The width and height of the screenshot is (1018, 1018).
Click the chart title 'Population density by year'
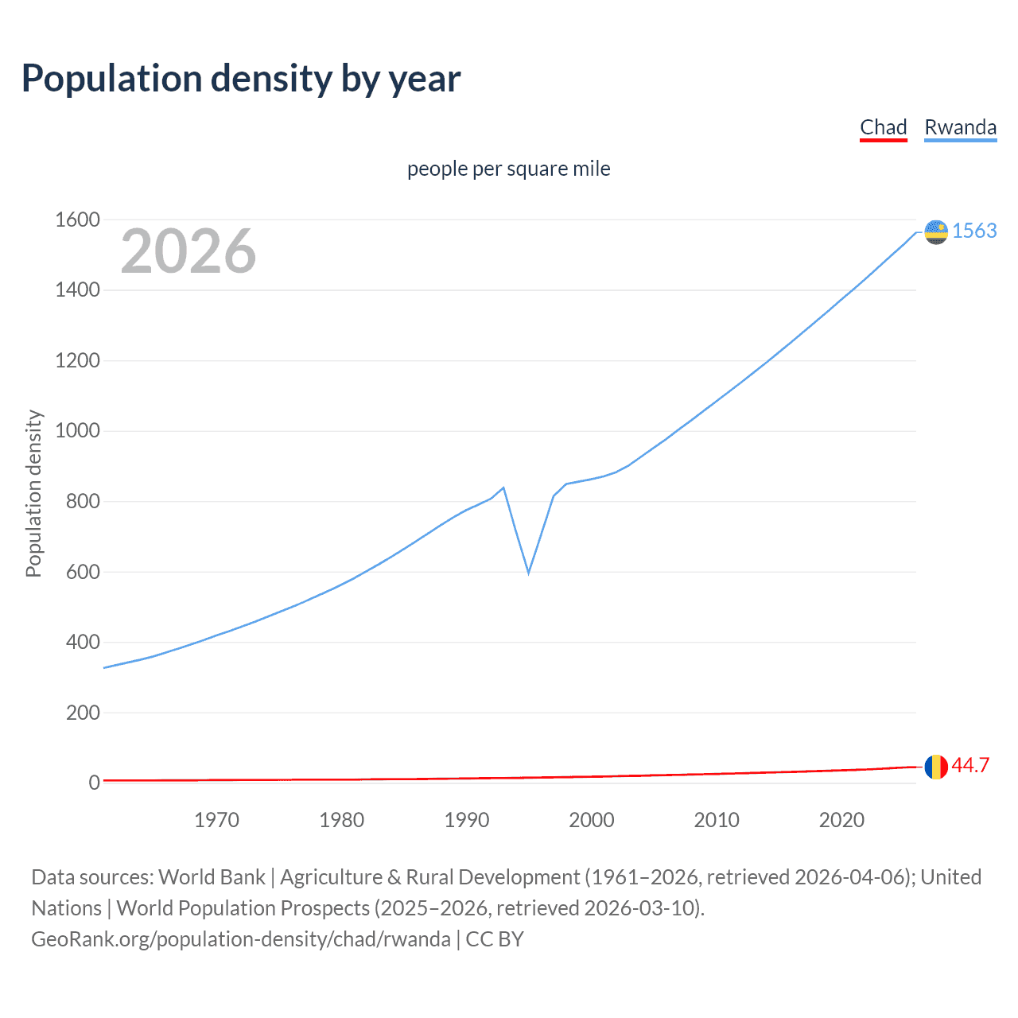point(241,79)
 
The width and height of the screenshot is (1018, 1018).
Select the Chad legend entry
point(883,127)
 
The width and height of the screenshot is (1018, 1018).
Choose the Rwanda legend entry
point(960,127)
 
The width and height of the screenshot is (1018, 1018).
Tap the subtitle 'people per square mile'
point(508,169)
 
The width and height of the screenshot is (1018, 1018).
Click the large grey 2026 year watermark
point(188,251)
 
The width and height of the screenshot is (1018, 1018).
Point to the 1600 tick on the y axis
point(77,220)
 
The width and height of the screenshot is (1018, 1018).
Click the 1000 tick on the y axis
point(77,430)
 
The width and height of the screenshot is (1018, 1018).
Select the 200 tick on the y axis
point(83,712)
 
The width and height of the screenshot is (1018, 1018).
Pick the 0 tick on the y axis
point(94,783)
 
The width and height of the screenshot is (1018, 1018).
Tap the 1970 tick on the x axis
point(216,820)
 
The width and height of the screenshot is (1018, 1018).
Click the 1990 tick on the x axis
point(467,820)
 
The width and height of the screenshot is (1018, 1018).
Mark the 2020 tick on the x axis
point(841,820)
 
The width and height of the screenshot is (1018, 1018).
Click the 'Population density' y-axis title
point(33,493)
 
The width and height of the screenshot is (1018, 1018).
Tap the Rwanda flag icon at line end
point(936,232)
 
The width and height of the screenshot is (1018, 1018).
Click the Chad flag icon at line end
point(936,767)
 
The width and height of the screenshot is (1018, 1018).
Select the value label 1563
point(974,231)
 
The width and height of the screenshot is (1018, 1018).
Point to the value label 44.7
point(970,765)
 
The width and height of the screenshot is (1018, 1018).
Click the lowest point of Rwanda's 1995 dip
point(528,573)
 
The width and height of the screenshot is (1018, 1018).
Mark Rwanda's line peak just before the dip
point(503,488)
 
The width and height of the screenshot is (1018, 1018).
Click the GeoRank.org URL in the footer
point(241,938)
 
